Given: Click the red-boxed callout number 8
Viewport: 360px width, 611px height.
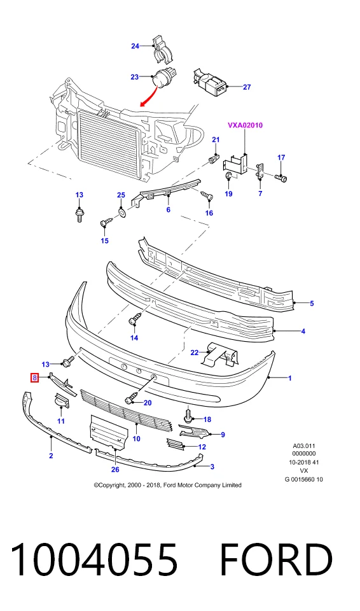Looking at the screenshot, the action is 35,377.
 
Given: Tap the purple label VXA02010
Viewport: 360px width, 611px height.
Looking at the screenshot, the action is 245,125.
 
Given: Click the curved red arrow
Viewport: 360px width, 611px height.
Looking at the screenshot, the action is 149,96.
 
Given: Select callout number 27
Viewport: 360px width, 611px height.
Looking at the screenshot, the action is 247,87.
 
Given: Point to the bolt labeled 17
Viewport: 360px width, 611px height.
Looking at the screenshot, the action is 282,178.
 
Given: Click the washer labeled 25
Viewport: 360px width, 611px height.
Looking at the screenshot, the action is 121,213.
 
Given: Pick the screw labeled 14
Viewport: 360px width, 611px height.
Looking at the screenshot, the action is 134,318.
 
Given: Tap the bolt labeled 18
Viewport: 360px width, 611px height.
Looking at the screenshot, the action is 188,416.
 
